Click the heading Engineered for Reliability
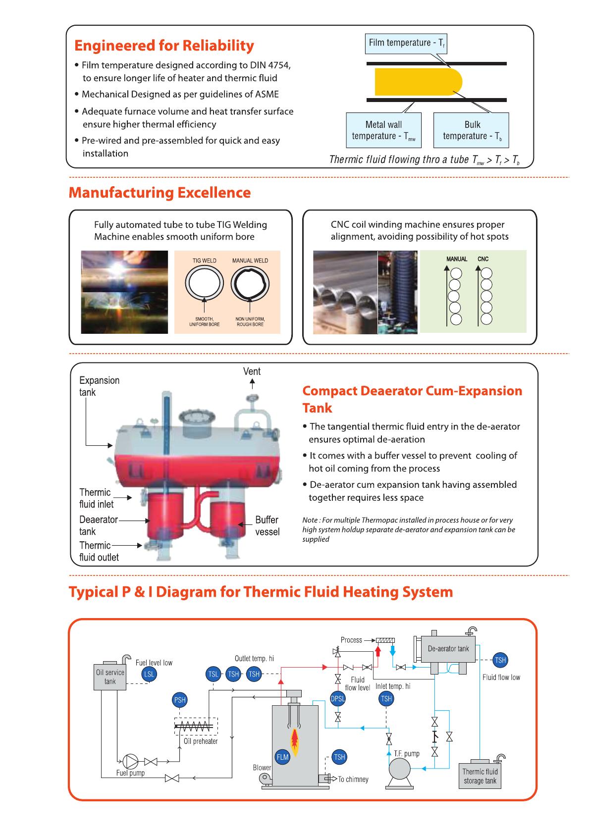coord(164,46)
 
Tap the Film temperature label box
coord(406,43)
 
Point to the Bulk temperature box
coord(471,130)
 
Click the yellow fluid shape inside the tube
coord(417,82)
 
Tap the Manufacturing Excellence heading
coord(160,192)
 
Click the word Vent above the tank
coord(252,371)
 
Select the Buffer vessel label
coord(267,525)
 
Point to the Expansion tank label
coord(99,386)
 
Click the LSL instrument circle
coord(149,674)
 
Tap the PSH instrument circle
coord(179,700)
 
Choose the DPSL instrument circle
coord(337,699)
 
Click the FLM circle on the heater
coord(282,757)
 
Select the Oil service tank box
coord(110,677)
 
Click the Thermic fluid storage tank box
coord(480,776)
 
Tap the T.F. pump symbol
coord(400,770)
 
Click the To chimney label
coord(353,780)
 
